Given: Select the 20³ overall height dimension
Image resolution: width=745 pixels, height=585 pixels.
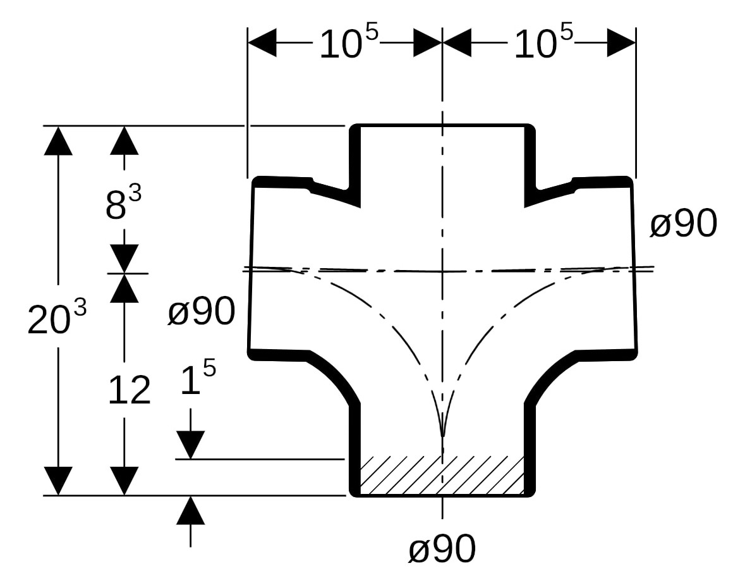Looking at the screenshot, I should (57, 319).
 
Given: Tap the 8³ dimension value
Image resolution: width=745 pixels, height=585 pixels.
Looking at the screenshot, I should (123, 204).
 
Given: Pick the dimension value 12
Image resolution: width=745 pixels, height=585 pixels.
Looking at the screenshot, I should (129, 390).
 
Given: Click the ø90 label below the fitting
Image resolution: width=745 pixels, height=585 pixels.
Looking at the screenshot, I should (442, 549).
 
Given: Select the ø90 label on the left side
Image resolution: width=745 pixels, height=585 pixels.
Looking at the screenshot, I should (201, 312).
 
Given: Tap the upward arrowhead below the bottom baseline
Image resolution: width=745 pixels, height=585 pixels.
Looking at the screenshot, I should (190, 511).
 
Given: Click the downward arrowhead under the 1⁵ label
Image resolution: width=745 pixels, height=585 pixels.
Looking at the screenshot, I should (190, 444).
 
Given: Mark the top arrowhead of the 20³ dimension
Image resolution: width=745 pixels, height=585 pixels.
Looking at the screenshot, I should (58, 140).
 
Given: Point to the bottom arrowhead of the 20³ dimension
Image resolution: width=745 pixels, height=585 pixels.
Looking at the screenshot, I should (58, 481).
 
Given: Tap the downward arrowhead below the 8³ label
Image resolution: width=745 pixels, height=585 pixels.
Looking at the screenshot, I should (124, 259).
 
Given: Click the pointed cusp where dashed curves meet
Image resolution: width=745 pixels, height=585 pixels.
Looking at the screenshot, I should (442, 435).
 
